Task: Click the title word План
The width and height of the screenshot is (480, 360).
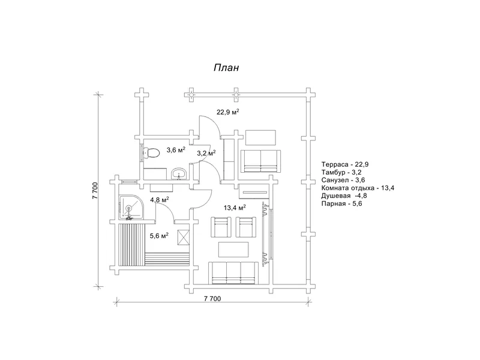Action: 226,68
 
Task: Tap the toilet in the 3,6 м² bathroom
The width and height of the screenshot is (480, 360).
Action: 151,152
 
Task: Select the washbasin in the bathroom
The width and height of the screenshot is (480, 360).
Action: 178,173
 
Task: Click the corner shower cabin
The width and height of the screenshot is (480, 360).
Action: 131,208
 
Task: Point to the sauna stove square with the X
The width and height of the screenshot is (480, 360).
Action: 184,237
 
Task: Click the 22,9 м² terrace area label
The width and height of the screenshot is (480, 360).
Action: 228,112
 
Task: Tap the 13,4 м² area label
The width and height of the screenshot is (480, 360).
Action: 235,208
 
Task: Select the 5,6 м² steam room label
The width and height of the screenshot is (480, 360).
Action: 159,235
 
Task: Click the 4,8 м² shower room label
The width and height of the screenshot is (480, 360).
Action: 160,200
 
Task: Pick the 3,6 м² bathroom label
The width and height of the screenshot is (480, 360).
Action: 176,149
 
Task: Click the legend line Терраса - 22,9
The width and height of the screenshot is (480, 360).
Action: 345,164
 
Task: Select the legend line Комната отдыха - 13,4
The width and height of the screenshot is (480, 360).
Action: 358,188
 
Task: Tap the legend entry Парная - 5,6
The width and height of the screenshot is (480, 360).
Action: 341,204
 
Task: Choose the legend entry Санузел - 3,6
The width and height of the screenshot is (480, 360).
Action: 343,181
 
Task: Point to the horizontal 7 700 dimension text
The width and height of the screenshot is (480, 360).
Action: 212,298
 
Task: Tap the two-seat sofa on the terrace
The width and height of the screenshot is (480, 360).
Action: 260,161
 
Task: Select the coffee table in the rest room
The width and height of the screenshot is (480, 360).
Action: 233,250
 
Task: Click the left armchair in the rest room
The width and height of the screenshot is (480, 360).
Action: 221,227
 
